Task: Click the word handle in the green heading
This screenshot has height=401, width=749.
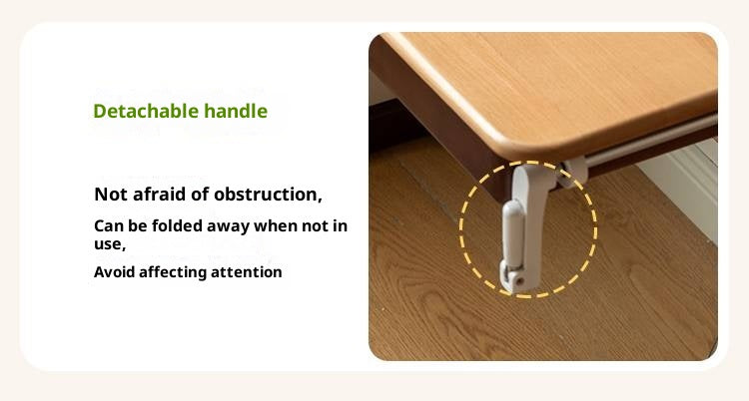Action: (236, 111)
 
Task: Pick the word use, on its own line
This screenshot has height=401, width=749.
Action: (109, 243)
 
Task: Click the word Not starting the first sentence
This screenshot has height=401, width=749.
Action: (109, 194)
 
